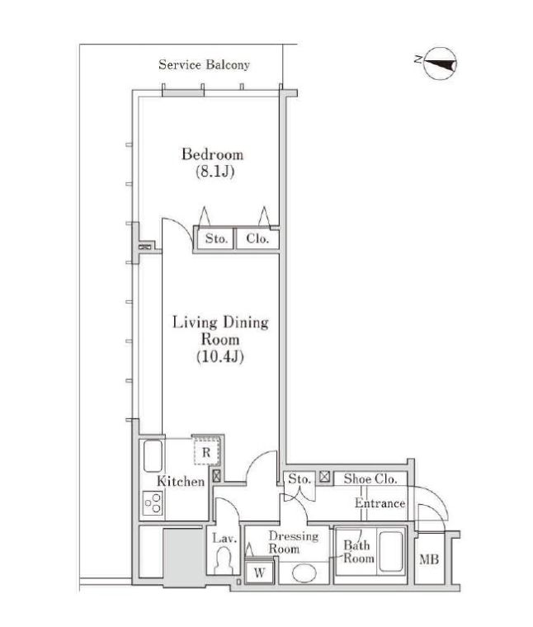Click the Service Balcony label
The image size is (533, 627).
coord(204,64)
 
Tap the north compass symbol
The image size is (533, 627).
coord(439,64)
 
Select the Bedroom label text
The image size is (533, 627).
coord(212,154)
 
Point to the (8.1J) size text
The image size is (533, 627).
coord(215,172)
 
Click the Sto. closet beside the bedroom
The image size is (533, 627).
coord(216,238)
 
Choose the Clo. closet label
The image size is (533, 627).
coord(257,238)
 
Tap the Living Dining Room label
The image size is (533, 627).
coord(220,331)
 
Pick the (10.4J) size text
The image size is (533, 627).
coord(220,356)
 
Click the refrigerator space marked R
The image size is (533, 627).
coord(207,451)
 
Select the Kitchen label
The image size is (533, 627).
coord(181,481)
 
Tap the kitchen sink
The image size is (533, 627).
coord(153,456)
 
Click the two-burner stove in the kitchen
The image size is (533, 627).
coord(153,503)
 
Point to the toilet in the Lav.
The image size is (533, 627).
coord(224,561)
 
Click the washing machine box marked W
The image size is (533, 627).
coord(259,573)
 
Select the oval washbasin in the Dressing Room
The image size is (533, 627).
coord(304,573)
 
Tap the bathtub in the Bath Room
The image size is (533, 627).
coord(390,551)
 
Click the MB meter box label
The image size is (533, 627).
coord(429,559)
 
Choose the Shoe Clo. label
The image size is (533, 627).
coord(370,478)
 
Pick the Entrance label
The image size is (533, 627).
coord(380,503)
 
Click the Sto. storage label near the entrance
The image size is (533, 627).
coord(300,478)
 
